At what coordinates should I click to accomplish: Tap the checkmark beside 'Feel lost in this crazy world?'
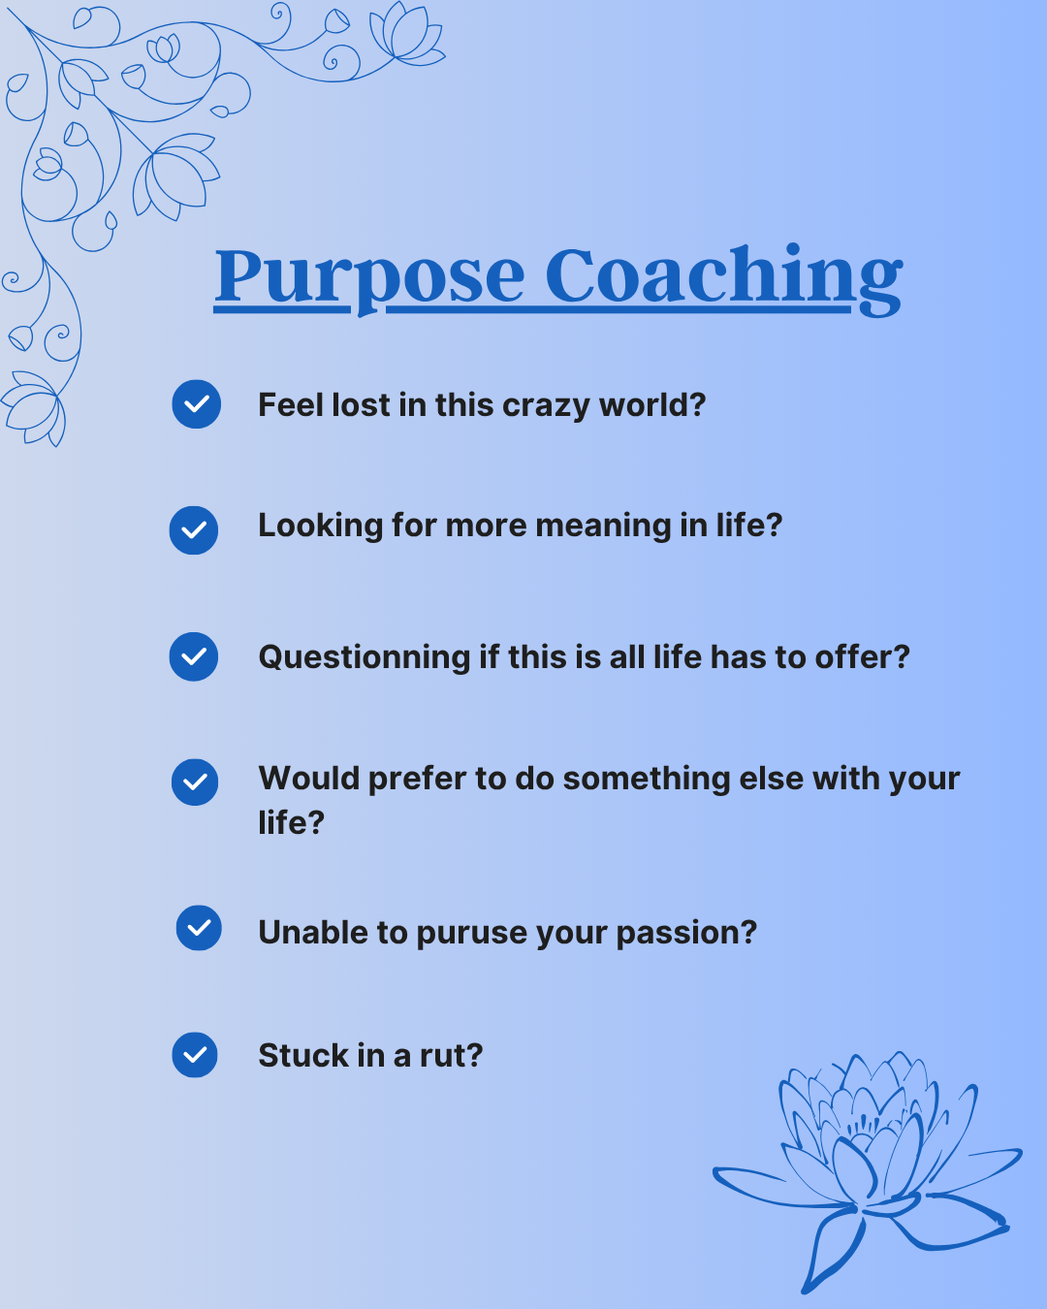click(197, 404)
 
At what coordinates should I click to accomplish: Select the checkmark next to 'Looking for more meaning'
click(194, 530)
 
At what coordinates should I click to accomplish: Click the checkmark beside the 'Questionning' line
click(194, 657)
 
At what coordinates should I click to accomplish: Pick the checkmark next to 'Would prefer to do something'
click(195, 782)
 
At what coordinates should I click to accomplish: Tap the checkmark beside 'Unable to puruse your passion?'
click(199, 928)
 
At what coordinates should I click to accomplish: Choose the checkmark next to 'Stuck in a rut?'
click(195, 1055)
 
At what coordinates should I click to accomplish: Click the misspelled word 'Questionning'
click(365, 658)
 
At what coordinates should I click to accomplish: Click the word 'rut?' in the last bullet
click(452, 1055)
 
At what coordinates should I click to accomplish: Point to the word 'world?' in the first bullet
click(652, 404)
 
